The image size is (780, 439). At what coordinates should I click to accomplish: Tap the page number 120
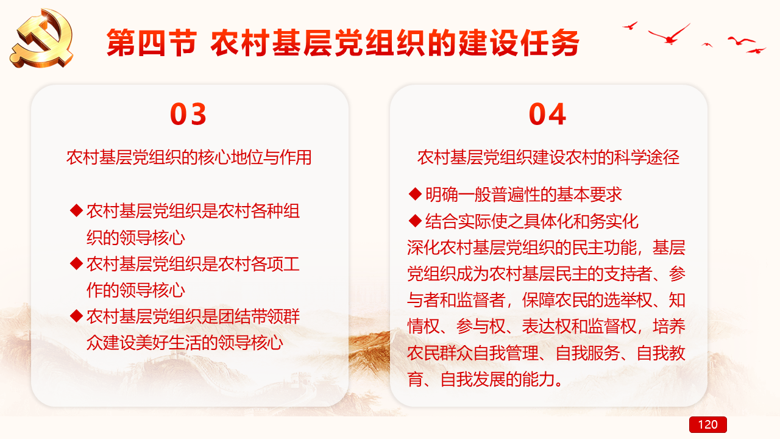coord(707,424)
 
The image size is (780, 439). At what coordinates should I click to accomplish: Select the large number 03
coord(188,114)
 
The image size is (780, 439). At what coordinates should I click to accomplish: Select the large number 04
coord(547,114)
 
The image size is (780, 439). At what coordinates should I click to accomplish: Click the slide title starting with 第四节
coord(342,43)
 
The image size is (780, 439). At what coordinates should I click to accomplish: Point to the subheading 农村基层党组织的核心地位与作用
coord(189,157)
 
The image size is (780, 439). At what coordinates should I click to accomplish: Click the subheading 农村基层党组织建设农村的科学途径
coord(548,157)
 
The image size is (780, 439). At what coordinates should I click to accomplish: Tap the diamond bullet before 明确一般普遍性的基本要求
coord(415,194)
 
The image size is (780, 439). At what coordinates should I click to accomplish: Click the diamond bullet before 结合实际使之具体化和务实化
coord(415,221)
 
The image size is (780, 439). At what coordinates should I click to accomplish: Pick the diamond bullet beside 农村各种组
coord(76,210)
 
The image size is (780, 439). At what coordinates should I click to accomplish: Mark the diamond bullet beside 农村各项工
coord(76,263)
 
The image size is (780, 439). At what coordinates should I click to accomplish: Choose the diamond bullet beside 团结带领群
coord(76,316)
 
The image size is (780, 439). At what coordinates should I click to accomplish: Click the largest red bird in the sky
coord(669,35)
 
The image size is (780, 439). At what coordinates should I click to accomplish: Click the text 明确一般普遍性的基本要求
coord(523,195)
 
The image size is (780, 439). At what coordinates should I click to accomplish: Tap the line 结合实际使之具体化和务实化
coord(532,221)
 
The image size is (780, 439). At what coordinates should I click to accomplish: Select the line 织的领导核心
coord(136,238)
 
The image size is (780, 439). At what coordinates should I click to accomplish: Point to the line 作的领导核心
coord(136,290)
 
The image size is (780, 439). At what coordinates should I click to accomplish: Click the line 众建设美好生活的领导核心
coord(185,343)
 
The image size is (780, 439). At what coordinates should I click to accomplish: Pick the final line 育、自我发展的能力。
coord(485,379)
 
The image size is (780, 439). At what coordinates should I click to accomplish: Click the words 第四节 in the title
coord(152,43)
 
